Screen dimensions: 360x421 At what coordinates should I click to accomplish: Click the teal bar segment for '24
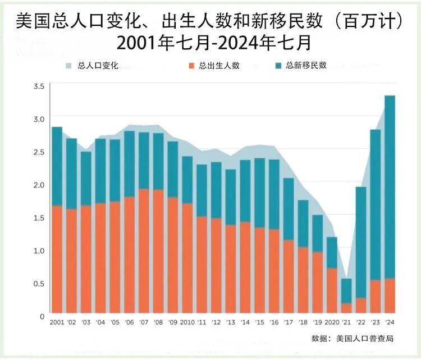click(x=390, y=187)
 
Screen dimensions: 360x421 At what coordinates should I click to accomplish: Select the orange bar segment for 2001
click(x=57, y=259)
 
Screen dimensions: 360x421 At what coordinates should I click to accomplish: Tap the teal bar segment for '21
click(x=346, y=291)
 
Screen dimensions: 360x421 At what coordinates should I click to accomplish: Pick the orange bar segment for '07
click(x=144, y=250)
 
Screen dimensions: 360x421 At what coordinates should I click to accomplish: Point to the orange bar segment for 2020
click(x=332, y=290)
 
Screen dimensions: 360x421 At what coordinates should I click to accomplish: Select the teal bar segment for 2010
click(x=187, y=180)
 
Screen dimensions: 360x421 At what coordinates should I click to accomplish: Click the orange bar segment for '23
click(x=376, y=296)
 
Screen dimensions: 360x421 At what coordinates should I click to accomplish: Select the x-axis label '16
click(x=274, y=322)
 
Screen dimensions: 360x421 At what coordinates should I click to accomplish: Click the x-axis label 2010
click(x=187, y=322)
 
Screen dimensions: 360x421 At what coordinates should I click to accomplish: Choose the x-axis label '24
click(x=390, y=322)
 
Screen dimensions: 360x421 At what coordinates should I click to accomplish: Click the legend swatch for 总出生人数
click(x=191, y=65)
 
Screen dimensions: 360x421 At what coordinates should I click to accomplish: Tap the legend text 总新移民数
click(x=306, y=65)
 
